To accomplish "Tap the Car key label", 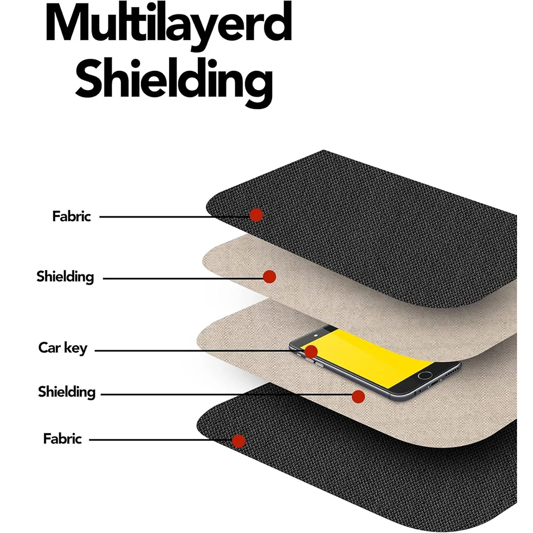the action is pyautogui.click(x=62, y=348).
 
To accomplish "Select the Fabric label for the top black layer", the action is pyautogui.click(x=71, y=216).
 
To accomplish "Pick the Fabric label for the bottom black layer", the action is pyautogui.click(x=62, y=439).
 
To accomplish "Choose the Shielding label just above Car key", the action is pyautogui.click(x=65, y=277).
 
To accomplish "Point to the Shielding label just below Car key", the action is pyautogui.click(x=67, y=392).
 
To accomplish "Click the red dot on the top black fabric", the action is pyautogui.click(x=256, y=215).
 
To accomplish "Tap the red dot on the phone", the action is pyautogui.click(x=311, y=351).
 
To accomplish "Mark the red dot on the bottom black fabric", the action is pyautogui.click(x=239, y=441).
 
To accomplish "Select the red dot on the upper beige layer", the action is pyautogui.click(x=269, y=277).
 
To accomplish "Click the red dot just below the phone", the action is pyautogui.click(x=358, y=397).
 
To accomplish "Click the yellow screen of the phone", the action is pyautogui.click(x=367, y=357).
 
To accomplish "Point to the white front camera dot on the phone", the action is pyautogui.click(x=316, y=335).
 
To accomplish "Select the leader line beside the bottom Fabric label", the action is pyautogui.click(x=160, y=440).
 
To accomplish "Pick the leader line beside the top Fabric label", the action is pyautogui.click(x=174, y=216).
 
